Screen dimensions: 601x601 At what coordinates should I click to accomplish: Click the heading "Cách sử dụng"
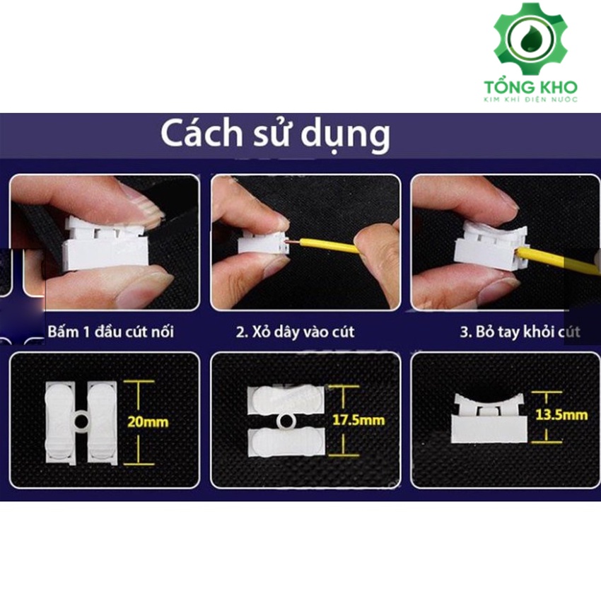pos(275,134)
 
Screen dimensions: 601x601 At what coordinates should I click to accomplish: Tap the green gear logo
pos(530,38)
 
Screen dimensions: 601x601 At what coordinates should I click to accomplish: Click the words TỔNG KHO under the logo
pos(530,87)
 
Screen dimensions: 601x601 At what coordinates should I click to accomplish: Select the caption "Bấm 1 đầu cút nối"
pos(111,332)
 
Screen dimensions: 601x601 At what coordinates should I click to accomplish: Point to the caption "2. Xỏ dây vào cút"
pos(296,332)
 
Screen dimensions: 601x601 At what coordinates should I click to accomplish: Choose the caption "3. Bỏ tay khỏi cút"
pos(520,332)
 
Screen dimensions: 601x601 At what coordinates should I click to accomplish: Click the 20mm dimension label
pos(148,422)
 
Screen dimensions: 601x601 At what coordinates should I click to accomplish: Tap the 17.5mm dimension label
pos(358,420)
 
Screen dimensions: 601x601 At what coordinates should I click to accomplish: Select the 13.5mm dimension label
pos(561,415)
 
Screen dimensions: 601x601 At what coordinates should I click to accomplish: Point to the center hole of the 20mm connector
pos(81,421)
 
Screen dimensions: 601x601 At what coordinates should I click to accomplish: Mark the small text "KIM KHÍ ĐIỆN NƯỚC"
pos(530,100)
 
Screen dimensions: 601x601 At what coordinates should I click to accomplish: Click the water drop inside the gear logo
pos(530,39)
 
